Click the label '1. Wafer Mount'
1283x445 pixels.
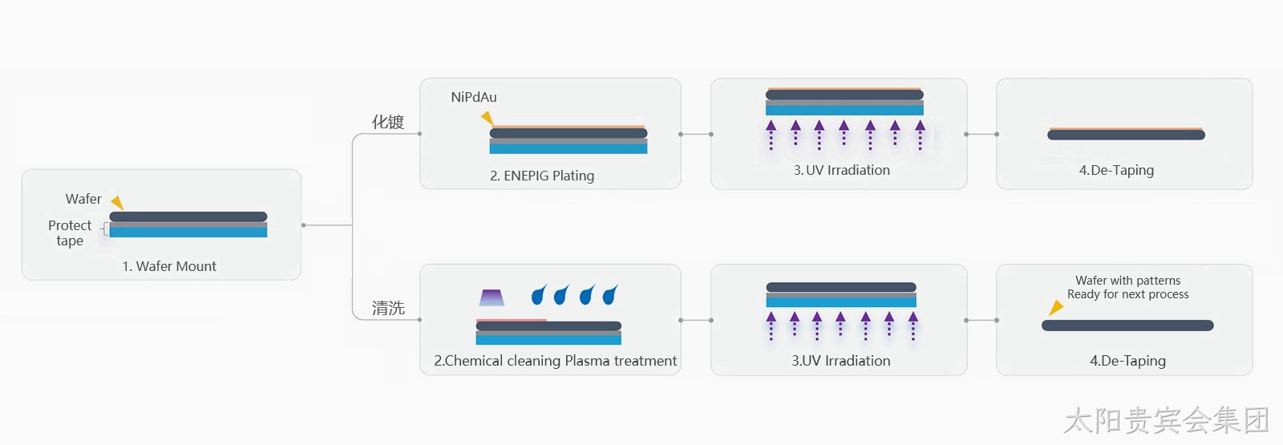coord(169,266)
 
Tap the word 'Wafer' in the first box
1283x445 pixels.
coord(83,199)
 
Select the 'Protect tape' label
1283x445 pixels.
coord(70,233)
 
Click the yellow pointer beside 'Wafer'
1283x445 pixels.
coord(117,202)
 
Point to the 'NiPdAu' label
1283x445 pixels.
coord(474,97)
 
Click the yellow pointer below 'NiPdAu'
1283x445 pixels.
coord(488,118)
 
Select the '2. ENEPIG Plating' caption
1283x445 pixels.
coord(542,176)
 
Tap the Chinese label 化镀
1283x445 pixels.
coord(388,122)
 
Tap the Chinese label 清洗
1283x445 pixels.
coord(388,308)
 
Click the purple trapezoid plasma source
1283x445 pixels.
coord(492,297)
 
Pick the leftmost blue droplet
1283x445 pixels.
coord(539,294)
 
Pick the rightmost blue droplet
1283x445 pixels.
coord(610,294)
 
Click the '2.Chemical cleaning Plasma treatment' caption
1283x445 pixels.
coord(555,361)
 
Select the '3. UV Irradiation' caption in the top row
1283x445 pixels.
coord(841,170)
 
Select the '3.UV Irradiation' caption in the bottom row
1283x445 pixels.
coord(841,361)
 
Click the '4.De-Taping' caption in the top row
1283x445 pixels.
coord(1116,171)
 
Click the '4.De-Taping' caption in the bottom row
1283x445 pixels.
coord(1127,361)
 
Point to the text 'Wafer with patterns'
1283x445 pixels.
coord(1127,281)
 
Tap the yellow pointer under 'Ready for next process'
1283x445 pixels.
coord(1055,308)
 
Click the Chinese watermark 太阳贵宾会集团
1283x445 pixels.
coord(1167,420)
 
